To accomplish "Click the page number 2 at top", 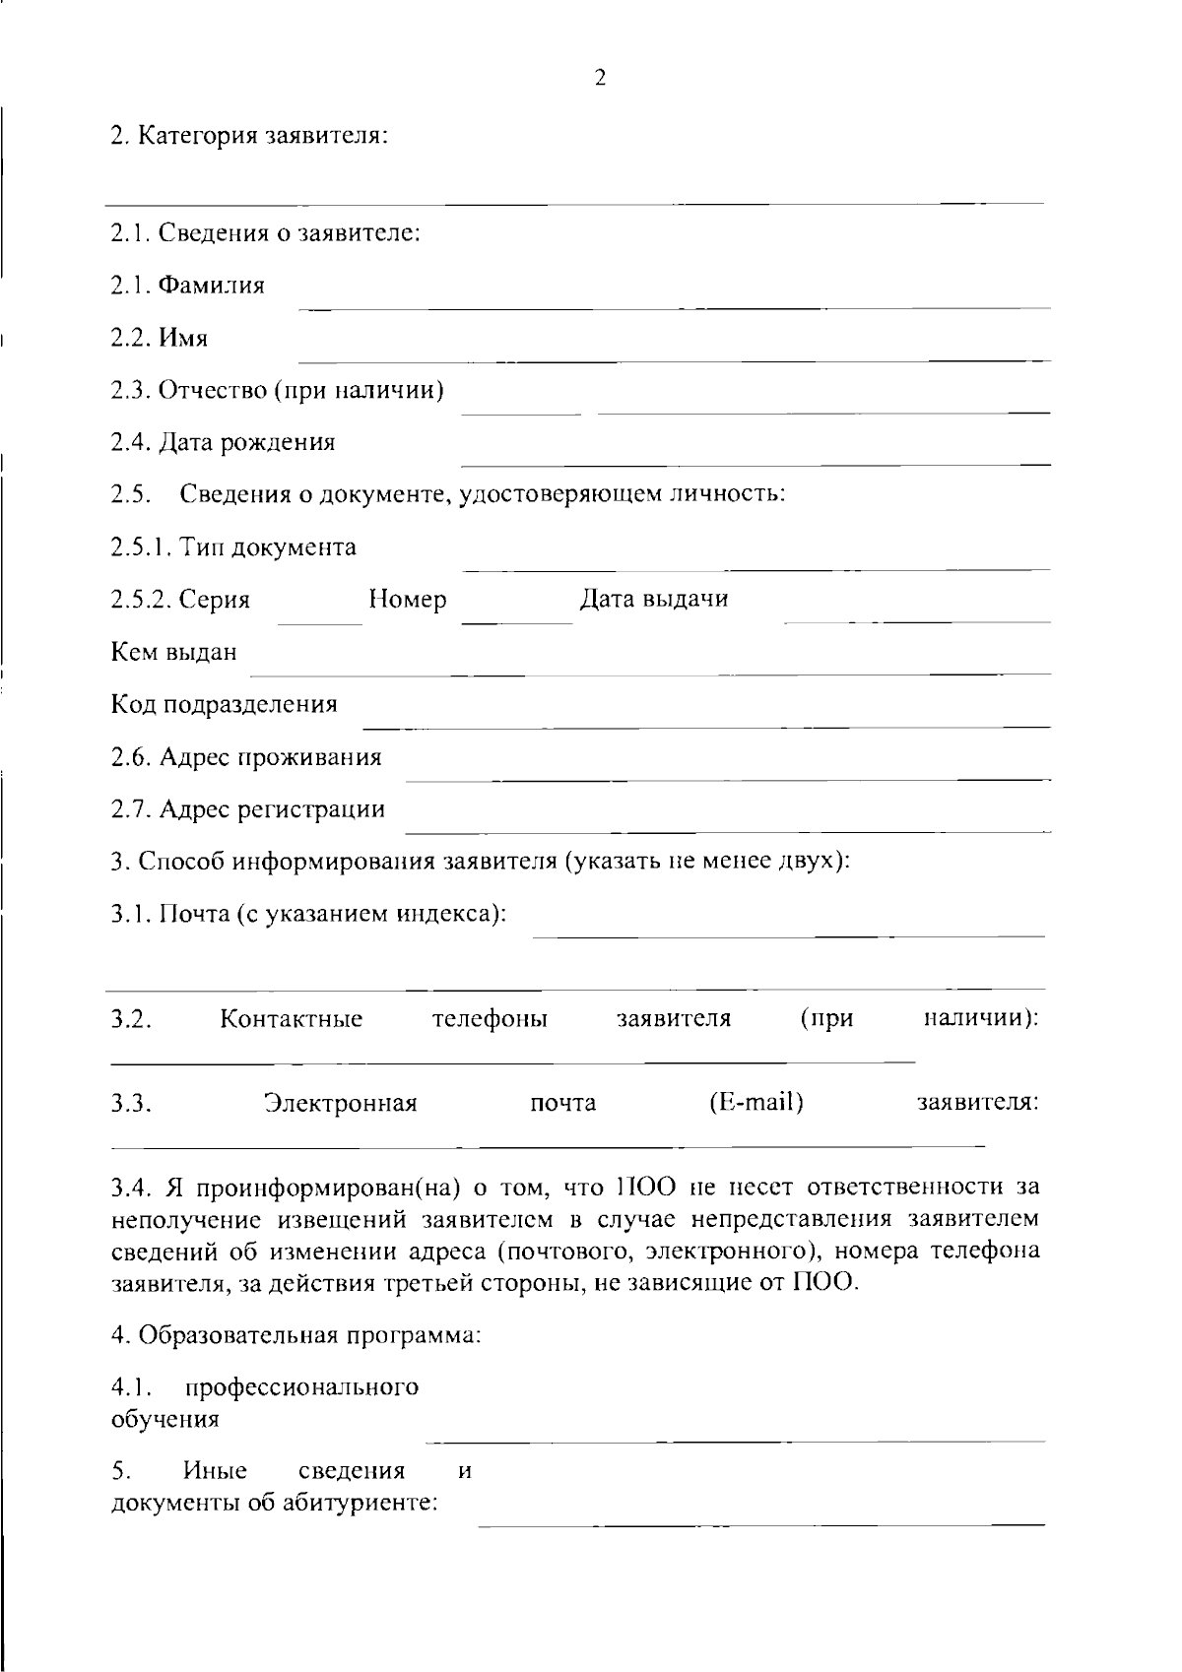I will point(600,78).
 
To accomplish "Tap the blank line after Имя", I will point(674,359).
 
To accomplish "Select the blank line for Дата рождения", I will point(755,463).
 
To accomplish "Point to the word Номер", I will point(407,600).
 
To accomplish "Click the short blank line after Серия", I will point(321,623).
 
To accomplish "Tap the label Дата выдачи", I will point(653,599).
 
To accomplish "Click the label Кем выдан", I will point(173,652).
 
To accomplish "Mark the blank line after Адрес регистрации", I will point(727,831).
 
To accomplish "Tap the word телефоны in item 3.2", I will point(490,1018).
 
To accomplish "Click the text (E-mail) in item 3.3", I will point(755,1103).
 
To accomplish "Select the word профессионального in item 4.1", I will point(301,1387).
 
